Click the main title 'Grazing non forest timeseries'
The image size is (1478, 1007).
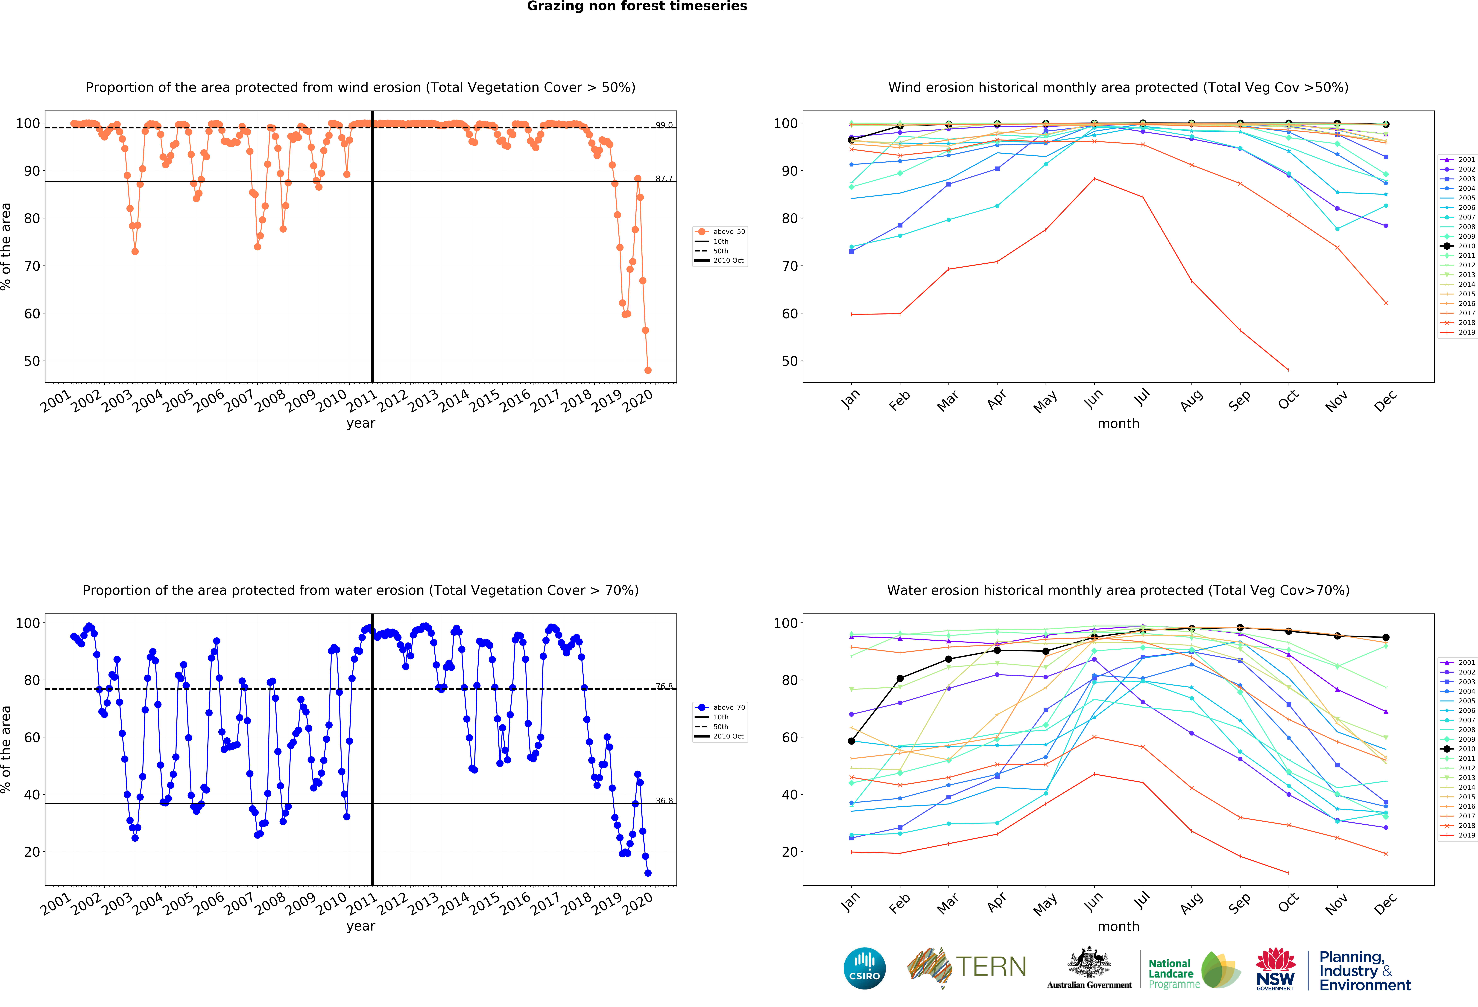(637, 6)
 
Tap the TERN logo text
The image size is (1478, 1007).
(991, 967)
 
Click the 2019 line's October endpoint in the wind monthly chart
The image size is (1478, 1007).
(1288, 370)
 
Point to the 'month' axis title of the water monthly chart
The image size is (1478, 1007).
(1118, 926)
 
